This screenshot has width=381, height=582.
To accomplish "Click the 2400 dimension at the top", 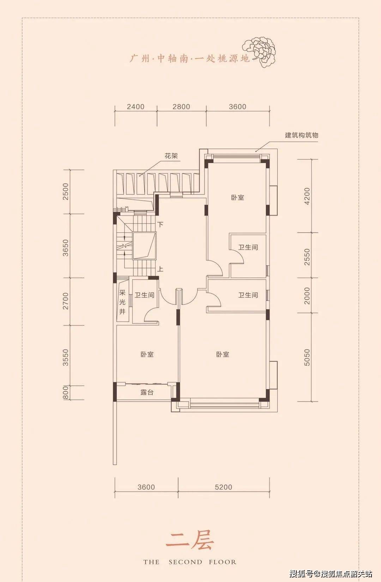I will (x=135, y=106).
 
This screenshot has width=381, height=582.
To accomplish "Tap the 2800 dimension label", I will (x=181, y=106).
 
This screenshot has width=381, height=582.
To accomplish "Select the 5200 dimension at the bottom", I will (x=223, y=487).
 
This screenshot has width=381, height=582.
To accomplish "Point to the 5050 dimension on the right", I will (x=307, y=357).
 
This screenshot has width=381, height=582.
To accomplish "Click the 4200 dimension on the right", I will (x=307, y=196).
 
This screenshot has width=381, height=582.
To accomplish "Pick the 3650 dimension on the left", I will (x=66, y=248).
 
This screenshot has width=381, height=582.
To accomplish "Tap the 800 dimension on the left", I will (x=66, y=393).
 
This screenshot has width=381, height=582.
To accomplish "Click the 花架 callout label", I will (x=171, y=156).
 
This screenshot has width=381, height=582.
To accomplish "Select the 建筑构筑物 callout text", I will (x=302, y=135).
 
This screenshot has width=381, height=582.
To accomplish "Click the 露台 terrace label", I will (x=147, y=392).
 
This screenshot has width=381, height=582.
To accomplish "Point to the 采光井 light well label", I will (x=122, y=302).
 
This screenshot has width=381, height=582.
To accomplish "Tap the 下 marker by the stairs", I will (x=160, y=224).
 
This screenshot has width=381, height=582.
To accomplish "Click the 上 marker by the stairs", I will (x=160, y=270).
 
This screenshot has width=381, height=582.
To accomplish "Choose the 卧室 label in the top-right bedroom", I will (x=237, y=198).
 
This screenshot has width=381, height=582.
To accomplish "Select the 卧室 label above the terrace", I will (x=147, y=354).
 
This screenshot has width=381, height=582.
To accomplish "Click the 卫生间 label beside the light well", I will (x=144, y=295).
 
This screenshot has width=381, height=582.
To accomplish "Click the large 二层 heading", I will (x=190, y=541).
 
